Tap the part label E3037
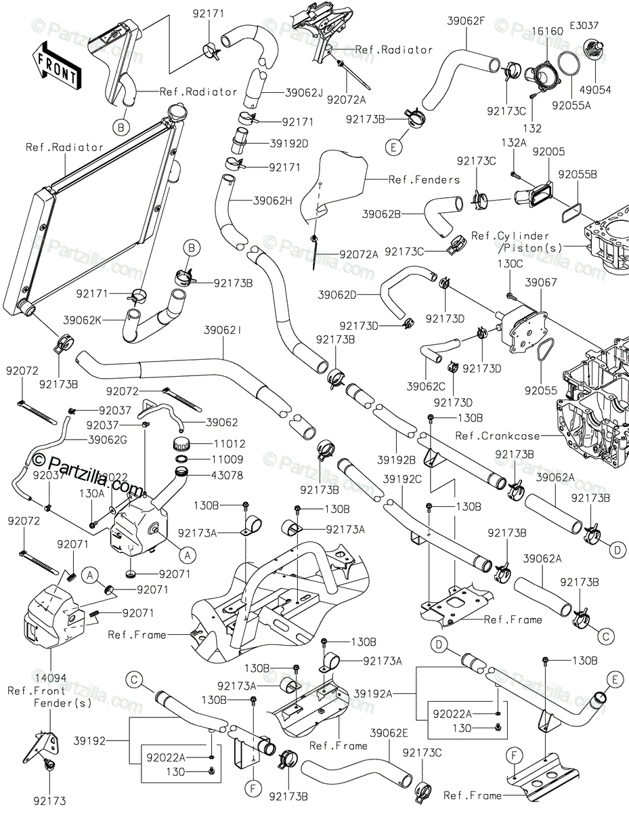[x=584, y=26]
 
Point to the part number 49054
[x=595, y=90]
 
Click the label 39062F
[x=466, y=20]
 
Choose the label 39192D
[x=289, y=144]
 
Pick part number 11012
[x=229, y=444]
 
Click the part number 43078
[x=227, y=475]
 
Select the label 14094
[x=51, y=677]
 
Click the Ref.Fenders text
[x=425, y=180]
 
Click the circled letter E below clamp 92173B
[x=393, y=148]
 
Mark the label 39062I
[x=222, y=331]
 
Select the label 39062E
[x=389, y=732]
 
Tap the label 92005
[x=548, y=152]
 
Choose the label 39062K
[x=82, y=320]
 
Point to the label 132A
[x=514, y=142]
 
